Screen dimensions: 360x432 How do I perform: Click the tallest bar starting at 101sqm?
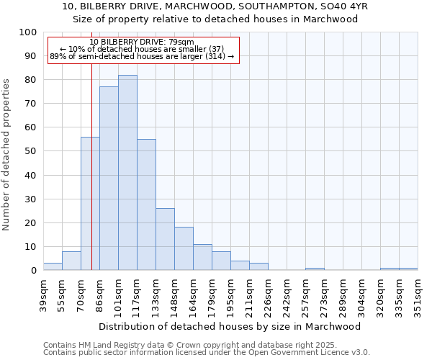(127, 173)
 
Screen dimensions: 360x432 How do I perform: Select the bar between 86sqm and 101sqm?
(109, 179)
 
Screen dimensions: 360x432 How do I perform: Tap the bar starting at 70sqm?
(90, 204)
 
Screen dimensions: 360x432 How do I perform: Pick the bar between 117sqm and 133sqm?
(146, 204)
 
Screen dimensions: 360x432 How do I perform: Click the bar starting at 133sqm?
(165, 239)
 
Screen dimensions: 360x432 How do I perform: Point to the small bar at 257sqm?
(315, 269)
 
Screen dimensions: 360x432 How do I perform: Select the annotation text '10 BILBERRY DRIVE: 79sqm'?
(142, 42)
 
